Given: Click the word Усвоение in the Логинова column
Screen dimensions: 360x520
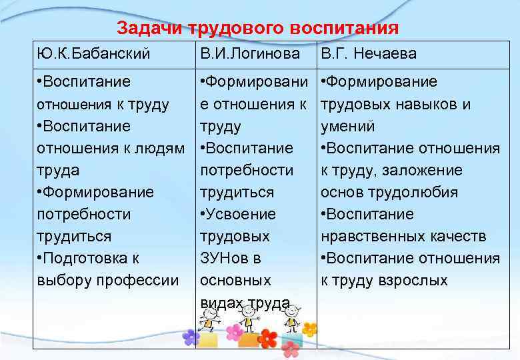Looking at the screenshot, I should [243, 214].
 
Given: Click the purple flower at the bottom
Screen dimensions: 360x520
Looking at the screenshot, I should [191, 337].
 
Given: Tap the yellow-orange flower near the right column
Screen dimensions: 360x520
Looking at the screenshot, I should [309, 329].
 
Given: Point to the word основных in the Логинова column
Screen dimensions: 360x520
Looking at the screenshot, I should [235, 280].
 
